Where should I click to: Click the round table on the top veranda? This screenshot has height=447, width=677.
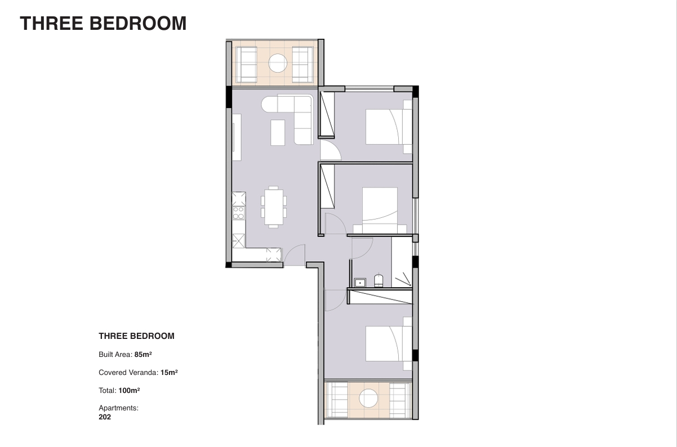(x=278, y=63)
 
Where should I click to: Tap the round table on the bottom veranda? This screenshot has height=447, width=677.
(x=368, y=398)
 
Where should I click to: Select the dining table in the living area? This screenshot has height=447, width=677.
(x=274, y=207)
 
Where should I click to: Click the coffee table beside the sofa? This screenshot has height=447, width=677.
(x=278, y=133)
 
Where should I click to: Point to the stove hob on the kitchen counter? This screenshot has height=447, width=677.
(x=238, y=213)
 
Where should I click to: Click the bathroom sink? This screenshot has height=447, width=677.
(x=360, y=283)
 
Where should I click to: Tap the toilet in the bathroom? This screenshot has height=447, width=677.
(x=378, y=280)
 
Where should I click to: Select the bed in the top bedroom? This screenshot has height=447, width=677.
(x=389, y=127)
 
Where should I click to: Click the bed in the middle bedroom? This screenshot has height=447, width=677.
(x=380, y=210)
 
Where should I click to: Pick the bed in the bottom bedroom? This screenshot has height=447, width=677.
(x=389, y=344)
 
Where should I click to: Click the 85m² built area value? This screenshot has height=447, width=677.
(x=143, y=354)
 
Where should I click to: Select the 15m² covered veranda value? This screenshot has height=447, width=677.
(x=169, y=372)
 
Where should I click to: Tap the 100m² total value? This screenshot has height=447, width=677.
(x=129, y=391)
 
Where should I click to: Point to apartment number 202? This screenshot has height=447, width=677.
(x=105, y=417)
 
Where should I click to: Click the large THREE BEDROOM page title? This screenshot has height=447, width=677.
(x=103, y=23)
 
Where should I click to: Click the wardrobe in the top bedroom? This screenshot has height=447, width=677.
(x=327, y=114)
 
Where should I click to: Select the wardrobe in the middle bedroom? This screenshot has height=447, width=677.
(x=327, y=186)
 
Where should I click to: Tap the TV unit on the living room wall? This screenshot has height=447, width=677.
(x=237, y=137)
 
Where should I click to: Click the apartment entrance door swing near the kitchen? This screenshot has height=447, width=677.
(x=294, y=255)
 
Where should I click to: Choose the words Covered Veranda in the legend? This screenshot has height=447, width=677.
(x=127, y=372)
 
